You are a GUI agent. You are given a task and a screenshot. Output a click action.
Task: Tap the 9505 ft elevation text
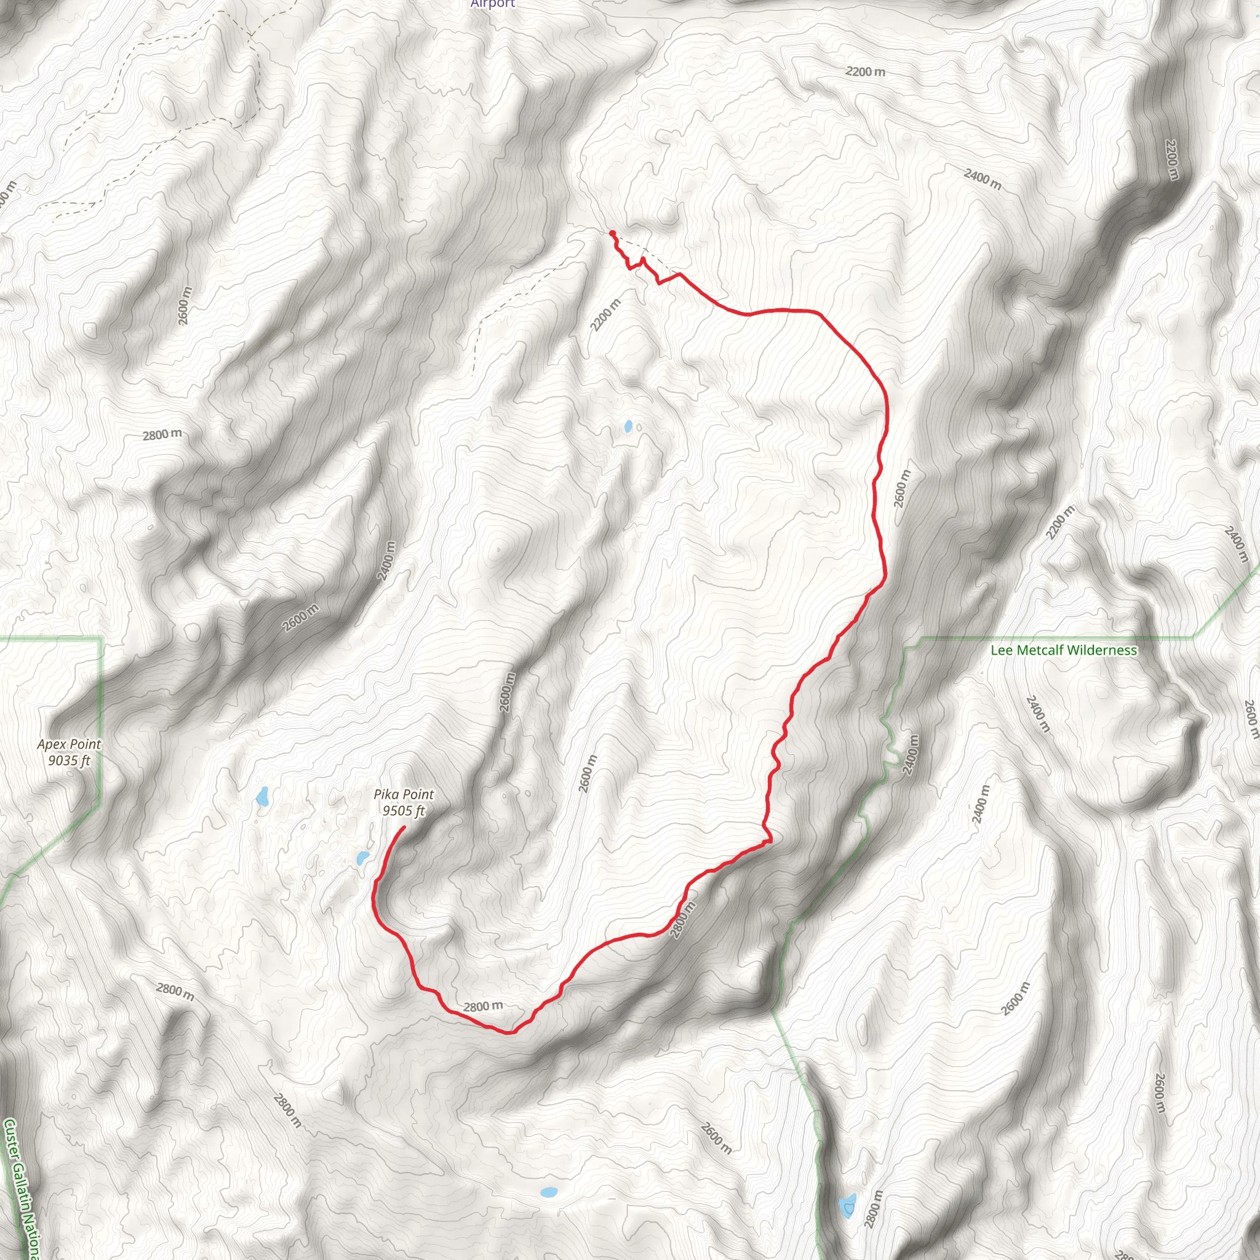point(403,811)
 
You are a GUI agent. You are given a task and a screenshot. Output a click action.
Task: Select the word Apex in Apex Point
point(51,744)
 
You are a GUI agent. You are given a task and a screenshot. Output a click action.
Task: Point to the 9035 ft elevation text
point(69,760)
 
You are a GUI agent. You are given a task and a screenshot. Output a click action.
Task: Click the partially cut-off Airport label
point(493,4)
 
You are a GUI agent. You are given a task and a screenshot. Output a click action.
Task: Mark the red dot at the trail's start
point(612,233)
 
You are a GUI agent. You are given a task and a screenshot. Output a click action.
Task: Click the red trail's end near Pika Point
point(404,827)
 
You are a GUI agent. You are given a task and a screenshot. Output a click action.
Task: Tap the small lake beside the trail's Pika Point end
point(362,858)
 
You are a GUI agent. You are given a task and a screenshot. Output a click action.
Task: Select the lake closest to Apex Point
point(262,796)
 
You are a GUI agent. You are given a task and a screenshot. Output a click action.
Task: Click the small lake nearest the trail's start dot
point(628,426)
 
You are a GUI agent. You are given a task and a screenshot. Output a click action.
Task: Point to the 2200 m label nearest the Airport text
point(866,72)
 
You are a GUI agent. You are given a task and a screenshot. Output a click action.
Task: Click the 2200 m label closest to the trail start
point(605,316)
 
